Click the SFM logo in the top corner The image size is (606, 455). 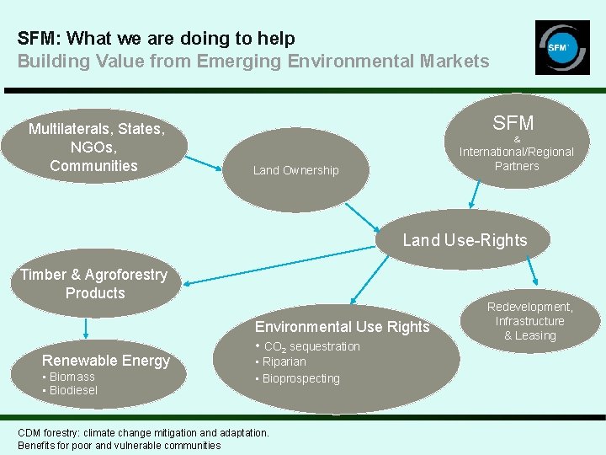(x=561, y=47)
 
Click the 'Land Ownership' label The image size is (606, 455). (x=295, y=170)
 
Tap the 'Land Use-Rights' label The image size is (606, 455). (x=465, y=240)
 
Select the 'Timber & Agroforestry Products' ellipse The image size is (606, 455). (x=94, y=284)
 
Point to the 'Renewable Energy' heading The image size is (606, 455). (x=106, y=361)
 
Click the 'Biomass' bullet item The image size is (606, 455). (x=72, y=377)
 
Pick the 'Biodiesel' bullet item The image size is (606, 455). (x=73, y=390)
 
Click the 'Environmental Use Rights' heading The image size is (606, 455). (x=342, y=327)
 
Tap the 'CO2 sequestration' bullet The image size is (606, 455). (x=311, y=346)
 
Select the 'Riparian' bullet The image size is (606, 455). (x=284, y=361)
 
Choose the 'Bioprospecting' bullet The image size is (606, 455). (x=300, y=378)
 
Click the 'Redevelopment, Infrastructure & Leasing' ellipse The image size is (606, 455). (x=530, y=321)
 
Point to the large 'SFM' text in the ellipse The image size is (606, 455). (x=513, y=123)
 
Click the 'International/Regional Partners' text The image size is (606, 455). (x=516, y=158)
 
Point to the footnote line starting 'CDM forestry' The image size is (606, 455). (x=143, y=432)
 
